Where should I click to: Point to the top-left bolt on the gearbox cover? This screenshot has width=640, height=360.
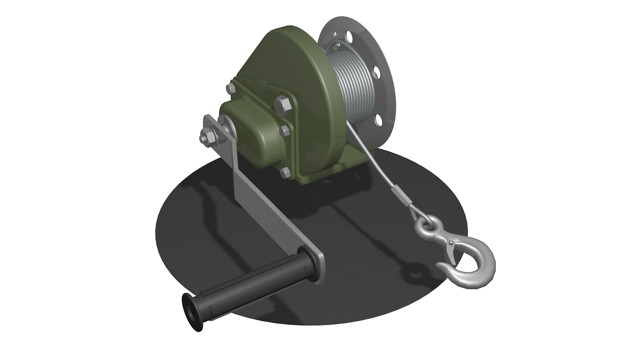pos(231,89)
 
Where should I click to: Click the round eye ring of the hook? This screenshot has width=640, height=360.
pos(425,229)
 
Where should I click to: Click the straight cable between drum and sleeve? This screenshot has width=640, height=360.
pos(370,157)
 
